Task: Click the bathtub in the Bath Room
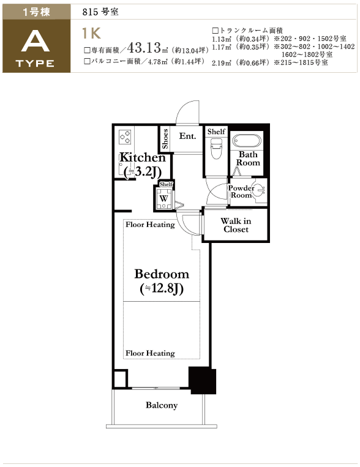[247, 141]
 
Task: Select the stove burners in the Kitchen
[125, 136]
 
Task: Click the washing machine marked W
[163, 198]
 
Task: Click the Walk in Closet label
[236, 225]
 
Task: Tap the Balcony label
[162, 405]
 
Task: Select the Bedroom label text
[162, 274]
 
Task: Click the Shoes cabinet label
[165, 139]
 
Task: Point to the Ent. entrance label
[187, 136]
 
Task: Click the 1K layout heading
[91, 33]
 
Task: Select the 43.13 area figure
[144, 47]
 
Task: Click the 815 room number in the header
[90, 12]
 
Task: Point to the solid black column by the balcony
[203, 380]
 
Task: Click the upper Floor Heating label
[150, 225]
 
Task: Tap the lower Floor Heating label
[150, 353]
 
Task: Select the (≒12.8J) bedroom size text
[162, 288]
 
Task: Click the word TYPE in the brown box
[35, 64]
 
